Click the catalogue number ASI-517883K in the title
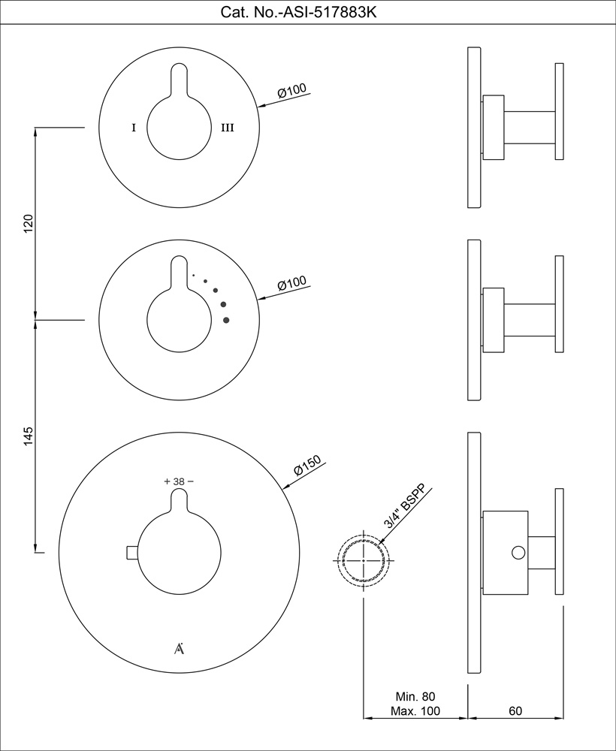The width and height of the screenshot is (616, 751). pyautogui.click(x=330, y=12)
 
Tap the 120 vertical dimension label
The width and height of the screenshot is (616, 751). pyautogui.click(x=29, y=224)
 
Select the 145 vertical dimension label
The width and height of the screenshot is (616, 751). pyautogui.click(x=29, y=436)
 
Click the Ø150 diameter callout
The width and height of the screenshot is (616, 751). pyautogui.click(x=307, y=465)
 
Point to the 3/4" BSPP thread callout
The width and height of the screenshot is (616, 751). pyautogui.click(x=404, y=505)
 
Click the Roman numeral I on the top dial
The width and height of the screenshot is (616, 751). pyautogui.click(x=134, y=128)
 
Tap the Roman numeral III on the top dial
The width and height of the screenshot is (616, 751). pyautogui.click(x=228, y=128)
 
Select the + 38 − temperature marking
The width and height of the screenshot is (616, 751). pyautogui.click(x=179, y=481)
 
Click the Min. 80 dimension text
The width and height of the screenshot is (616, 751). pyautogui.click(x=415, y=696)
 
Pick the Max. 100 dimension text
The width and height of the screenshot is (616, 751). pyautogui.click(x=415, y=711)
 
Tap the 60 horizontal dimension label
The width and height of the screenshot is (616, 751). pyautogui.click(x=515, y=711)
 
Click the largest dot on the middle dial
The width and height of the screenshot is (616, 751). pyautogui.click(x=226, y=320)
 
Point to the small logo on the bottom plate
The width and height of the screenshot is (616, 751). pyautogui.click(x=179, y=649)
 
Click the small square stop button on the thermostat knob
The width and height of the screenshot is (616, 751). pyautogui.click(x=131, y=553)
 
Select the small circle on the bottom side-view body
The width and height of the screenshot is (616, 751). pyautogui.click(x=518, y=553)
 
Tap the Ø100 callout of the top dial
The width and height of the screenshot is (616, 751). pyautogui.click(x=291, y=91)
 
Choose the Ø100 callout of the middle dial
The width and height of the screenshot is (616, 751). pyautogui.click(x=291, y=284)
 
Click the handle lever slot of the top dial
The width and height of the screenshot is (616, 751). pyautogui.click(x=179, y=80)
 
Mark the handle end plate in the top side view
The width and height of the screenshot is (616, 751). pyautogui.click(x=560, y=111)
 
